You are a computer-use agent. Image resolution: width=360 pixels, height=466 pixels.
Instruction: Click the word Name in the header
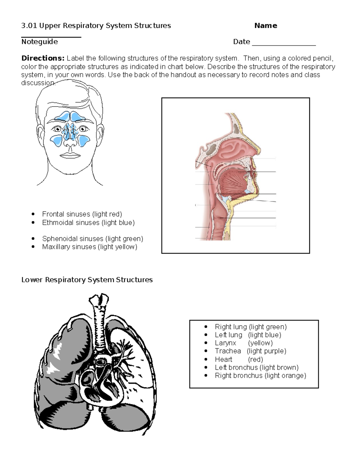(265, 26)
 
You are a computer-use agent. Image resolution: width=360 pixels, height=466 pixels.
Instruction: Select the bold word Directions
(43, 58)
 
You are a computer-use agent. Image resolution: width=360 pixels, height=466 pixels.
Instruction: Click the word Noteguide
(40, 42)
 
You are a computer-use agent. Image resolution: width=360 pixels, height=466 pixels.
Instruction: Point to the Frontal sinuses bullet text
(82, 214)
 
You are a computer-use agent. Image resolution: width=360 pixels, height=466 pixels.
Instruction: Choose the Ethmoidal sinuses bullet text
(88, 223)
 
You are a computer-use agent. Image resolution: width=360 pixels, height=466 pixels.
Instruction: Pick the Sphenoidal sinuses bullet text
(92, 239)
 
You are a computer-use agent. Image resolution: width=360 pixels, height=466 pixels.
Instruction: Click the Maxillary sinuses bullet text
(89, 247)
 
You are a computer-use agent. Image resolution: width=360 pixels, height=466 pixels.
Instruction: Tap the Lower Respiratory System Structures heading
(87, 280)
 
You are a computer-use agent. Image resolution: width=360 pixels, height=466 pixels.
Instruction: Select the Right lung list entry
(250, 327)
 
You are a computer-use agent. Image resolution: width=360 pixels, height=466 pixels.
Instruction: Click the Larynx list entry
(243, 343)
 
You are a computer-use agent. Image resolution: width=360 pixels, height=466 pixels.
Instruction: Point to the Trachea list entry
(250, 351)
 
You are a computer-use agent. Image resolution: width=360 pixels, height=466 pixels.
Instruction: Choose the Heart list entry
(238, 359)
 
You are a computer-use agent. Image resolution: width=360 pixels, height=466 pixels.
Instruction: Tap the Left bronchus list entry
(256, 368)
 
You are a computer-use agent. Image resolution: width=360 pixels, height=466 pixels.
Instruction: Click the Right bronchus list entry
(260, 376)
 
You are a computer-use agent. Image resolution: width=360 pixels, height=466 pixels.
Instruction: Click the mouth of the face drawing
(70, 155)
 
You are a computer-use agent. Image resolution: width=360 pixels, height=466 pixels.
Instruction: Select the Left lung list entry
(248, 335)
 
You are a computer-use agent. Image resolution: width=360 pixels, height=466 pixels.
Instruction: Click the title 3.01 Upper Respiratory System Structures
(96, 26)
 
